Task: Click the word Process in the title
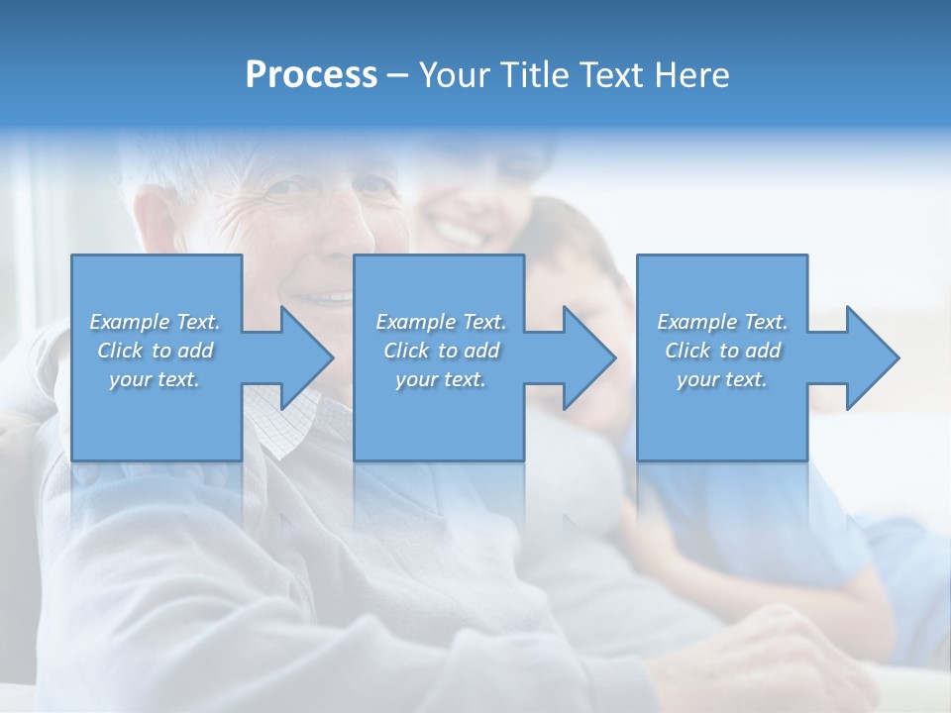[311, 75]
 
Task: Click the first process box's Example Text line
[155, 322]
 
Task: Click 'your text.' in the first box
[155, 379]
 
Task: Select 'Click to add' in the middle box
[441, 351]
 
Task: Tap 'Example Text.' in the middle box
[441, 322]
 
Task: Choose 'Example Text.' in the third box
[722, 322]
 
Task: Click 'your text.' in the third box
[722, 379]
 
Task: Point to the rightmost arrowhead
[871, 358]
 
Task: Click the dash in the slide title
[398, 75]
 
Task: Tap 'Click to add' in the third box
[722, 351]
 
